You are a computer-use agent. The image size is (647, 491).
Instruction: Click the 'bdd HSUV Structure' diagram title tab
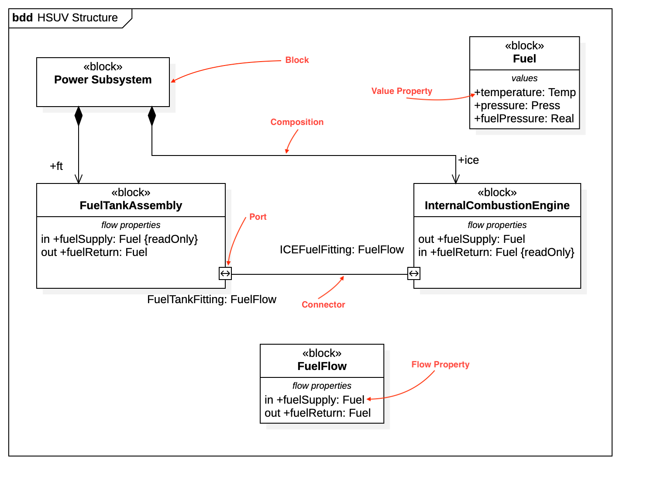coord(65,18)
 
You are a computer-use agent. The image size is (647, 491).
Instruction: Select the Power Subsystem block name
coord(103,80)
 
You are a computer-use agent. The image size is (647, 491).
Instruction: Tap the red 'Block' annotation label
coord(297,60)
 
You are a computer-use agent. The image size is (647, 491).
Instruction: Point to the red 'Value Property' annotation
coord(402,91)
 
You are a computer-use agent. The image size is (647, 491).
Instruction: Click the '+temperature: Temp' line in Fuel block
coord(525,93)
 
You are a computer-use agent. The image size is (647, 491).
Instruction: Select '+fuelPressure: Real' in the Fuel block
coord(524,119)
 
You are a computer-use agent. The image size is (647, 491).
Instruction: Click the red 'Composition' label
coord(297,122)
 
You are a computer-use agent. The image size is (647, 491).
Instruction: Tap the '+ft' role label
coord(56,166)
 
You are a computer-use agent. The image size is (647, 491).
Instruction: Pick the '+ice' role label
coord(468,160)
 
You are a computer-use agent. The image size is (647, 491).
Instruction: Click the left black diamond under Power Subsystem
coord(79,116)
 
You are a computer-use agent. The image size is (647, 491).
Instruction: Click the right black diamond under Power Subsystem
coord(152,116)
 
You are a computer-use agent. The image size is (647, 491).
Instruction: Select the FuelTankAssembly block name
coord(131,206)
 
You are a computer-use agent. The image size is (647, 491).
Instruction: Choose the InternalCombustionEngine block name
coord(497,206)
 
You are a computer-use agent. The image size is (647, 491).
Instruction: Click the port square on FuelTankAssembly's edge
coord(225,274)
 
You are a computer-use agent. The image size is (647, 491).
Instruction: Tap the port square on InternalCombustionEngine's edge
coord(414,274)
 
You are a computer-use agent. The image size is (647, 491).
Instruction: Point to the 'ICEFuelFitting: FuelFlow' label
coord(342,250)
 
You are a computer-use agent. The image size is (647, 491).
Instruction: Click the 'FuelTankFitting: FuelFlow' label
coord(212,300)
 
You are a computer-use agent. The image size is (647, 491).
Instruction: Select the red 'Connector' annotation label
coord(323,305)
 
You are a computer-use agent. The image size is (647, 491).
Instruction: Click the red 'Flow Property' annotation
coord(440,365)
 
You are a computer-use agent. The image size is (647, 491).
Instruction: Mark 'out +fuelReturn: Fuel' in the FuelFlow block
coord(317,413)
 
